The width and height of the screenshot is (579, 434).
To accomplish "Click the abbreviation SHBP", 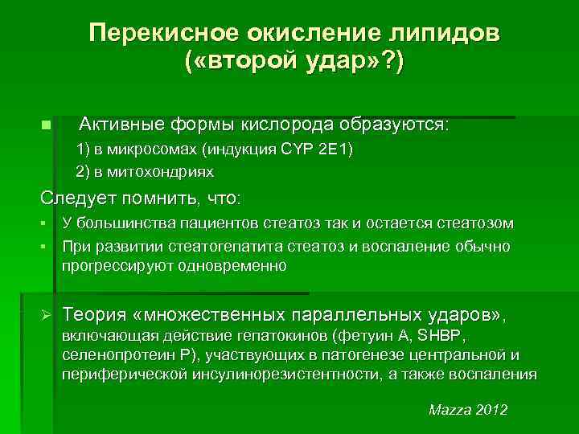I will [462, 333].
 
